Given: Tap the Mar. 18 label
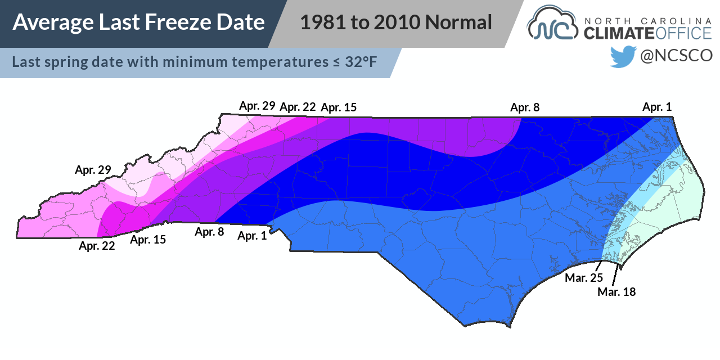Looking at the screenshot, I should (x=616, y=291).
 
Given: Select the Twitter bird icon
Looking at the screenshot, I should (x=623, y=56).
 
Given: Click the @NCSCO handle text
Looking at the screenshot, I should (x=677, y=56).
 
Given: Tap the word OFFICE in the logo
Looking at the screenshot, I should (x=682, y=33).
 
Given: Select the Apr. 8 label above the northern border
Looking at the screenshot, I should (x=525, y=107).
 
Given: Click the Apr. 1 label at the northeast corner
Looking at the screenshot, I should (x=657, y=106).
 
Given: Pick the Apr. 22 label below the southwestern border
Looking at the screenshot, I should (x=97, y=245).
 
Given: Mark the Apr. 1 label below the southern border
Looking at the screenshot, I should (x=252, y=236).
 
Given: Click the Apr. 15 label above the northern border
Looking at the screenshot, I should (x=338, y=107).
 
